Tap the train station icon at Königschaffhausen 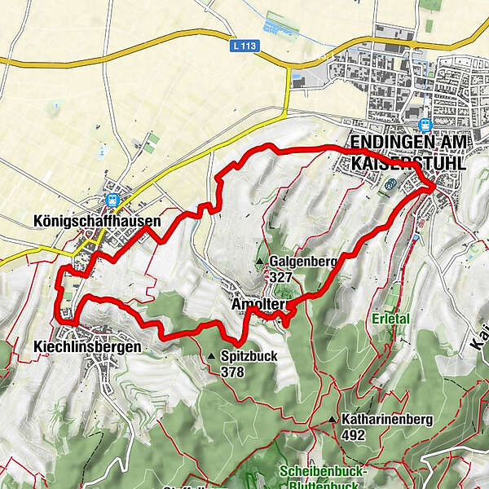tap(112, 198)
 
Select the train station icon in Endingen tap(424, 125)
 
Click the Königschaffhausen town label tap(98, 220)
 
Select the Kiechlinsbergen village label tap(87, 347)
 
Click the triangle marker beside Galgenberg tap(260, 262)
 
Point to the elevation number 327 tap(282, 277)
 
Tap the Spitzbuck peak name tap(249, 356)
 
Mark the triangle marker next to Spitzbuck tap(211, 356)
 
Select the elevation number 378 tap(231, 372)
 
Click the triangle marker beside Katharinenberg tap(333, 420)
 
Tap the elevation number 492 tap(354, 435)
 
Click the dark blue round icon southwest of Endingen tap(390, 184)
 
